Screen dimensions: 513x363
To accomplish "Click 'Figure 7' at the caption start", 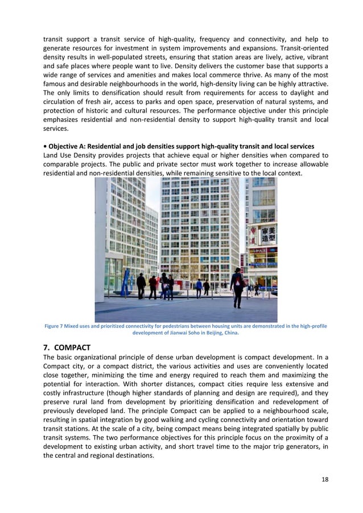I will click(56, 326).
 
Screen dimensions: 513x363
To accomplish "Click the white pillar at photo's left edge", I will click(101, 239).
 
